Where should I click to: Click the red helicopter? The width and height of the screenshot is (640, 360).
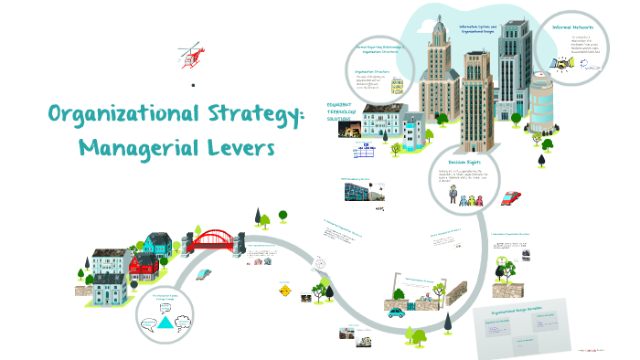pos(187,58)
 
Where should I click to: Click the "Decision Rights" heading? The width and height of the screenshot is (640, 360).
pos(464,163)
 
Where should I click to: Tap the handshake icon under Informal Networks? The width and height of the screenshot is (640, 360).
pos(561,64)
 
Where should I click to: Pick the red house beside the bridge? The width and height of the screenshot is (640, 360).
pos(144,266)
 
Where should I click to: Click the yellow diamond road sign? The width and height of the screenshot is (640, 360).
pos(286,291)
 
